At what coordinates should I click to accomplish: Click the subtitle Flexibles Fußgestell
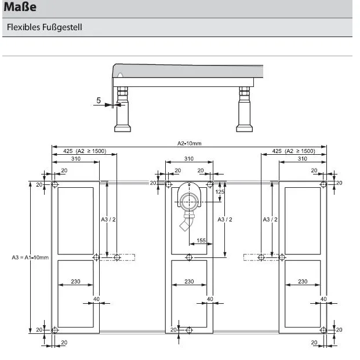click(x=45, y=27)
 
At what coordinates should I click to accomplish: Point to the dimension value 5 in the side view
click(x=99, y=100)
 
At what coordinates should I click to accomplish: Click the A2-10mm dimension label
click(x=189, y=144)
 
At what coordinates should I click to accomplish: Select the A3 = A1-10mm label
click(x=30, y=257)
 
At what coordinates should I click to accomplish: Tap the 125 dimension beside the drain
click(x=220, y=191)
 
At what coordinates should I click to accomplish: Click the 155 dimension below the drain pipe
click(x=201, y=240)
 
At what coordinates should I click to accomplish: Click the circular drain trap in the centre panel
click(x=188, y=201)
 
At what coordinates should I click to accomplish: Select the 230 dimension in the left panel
click(x=75, y=282)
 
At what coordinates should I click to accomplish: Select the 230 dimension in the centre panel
click(x=189, y=282)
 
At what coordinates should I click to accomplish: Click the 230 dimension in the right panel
click(x=303, y=282)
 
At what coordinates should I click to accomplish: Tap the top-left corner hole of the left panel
click(x=54, y=184)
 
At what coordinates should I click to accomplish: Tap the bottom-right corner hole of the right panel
click(x=323, y=330)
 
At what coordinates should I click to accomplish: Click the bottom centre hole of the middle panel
click(x=189, y=330)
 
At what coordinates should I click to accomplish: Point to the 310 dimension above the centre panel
click(x=189, y=159)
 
